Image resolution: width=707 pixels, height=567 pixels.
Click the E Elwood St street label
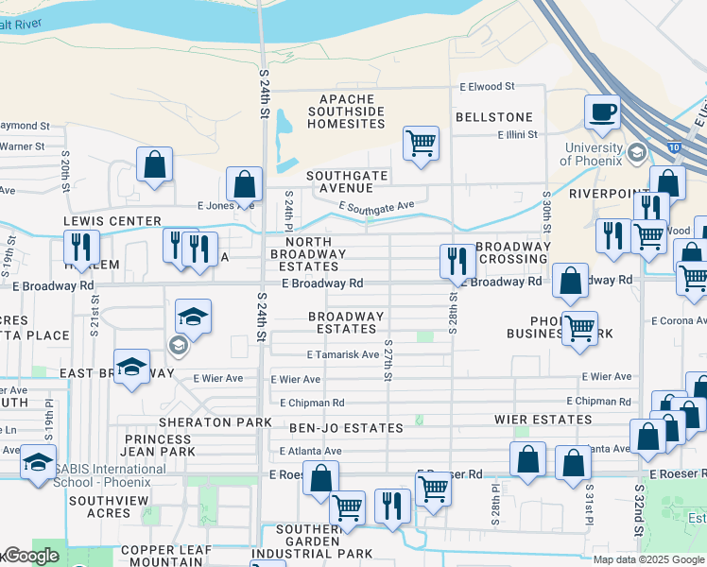point(487,86)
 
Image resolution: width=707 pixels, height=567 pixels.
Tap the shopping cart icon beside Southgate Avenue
point(421,145)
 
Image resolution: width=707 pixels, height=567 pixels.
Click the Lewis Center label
point(99,221)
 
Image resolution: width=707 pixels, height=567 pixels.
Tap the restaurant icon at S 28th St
point(457,262)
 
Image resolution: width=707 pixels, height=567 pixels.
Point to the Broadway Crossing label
point(513,252)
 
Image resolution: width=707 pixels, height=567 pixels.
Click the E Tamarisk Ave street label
point(343,354)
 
